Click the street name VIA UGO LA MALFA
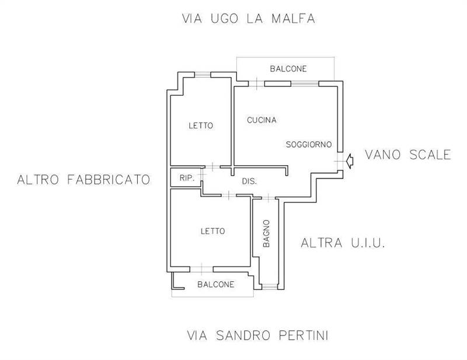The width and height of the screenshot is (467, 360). point(249,19)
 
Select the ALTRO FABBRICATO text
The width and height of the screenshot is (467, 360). point(83,179)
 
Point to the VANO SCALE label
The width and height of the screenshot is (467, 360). point(407,155)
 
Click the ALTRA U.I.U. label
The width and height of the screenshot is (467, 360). point(343,243)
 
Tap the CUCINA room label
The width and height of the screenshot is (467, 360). point(261,120)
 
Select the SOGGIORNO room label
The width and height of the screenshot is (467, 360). point(308,144)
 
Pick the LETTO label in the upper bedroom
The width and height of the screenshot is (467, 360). point(201,125)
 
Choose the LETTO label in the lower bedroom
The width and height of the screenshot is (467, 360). point(212,231)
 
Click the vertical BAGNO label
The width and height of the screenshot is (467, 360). point(266,233)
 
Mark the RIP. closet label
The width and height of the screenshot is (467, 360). point(186,178)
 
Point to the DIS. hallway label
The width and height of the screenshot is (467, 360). point(249,181)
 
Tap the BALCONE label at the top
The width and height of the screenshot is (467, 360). point(288,69)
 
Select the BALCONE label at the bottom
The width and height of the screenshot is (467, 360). point(215,285)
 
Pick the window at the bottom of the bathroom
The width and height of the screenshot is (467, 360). point(269,286)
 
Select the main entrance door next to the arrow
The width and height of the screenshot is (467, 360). point(340,160)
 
